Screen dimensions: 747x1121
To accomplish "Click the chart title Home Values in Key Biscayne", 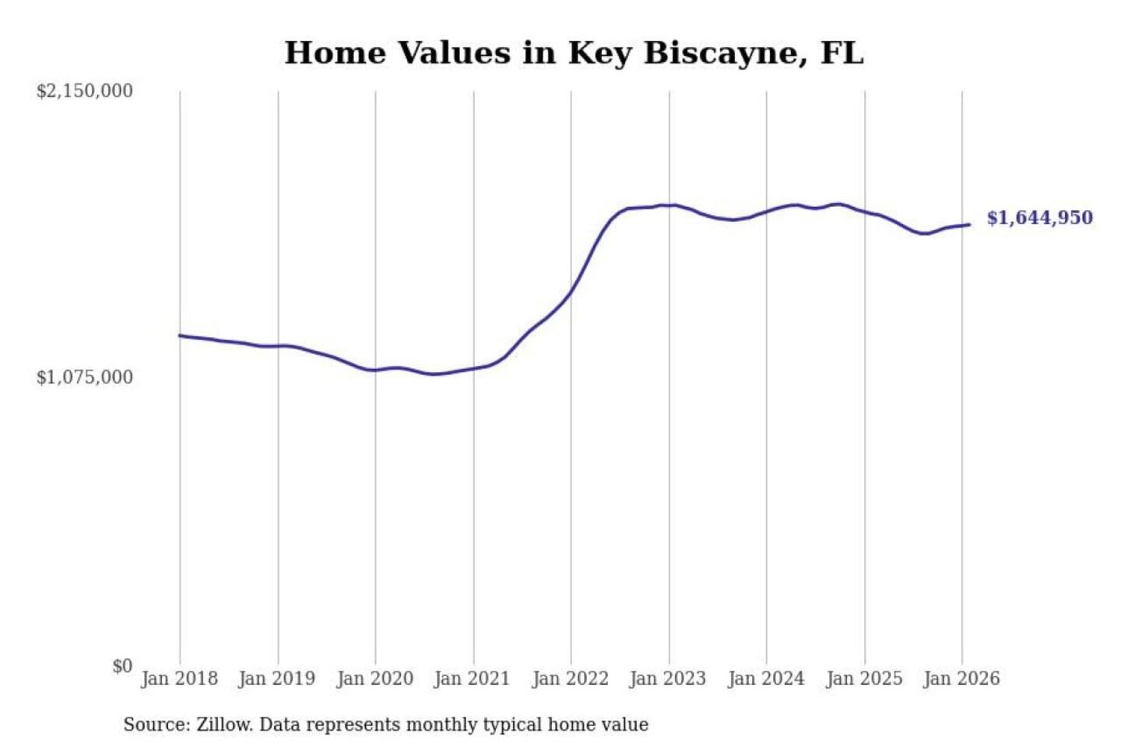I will (574, 53).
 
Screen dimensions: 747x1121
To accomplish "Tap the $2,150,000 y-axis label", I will (85, 91).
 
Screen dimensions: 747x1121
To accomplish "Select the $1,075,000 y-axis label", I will (85, 377).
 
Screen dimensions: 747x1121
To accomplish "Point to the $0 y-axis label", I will (122, 666).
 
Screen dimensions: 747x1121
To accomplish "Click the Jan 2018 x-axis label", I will (179, 679).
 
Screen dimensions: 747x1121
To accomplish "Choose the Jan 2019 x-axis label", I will (277, 679).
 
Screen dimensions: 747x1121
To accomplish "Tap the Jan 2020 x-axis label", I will (374, 679).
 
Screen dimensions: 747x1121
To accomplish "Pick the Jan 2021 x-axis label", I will (472, 679).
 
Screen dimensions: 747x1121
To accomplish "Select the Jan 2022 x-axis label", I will (570, 679).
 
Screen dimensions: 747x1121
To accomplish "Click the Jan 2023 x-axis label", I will (667, 679).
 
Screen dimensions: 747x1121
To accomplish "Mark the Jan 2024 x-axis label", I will (765, 679).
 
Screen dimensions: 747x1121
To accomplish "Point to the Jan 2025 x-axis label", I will (863, 679).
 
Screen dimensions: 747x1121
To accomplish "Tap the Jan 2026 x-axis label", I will (961, 679).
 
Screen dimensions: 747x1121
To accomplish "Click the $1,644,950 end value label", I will (1039, 218).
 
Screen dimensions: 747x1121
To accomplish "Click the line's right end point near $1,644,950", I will (969, 225).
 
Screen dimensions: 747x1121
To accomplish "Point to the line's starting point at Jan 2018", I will (180, 335).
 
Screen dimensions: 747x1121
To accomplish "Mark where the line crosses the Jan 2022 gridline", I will (571, 293).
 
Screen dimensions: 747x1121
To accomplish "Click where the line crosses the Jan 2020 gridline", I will (375, 370).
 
